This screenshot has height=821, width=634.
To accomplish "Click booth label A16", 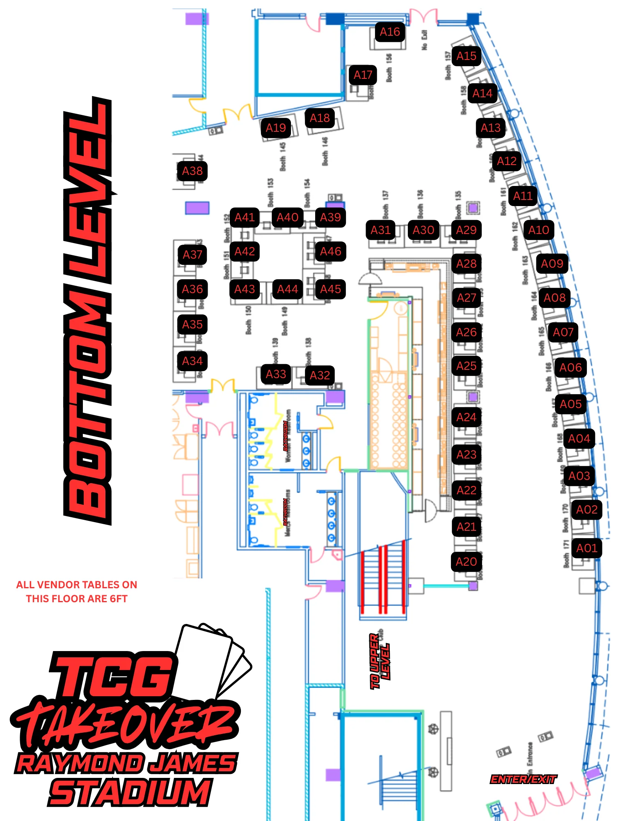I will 389,32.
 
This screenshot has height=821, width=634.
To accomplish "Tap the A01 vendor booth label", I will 586,548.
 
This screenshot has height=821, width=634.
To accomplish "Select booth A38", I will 192,171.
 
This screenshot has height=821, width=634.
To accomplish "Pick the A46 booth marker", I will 330,251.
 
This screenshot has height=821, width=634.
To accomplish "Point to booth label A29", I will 466,230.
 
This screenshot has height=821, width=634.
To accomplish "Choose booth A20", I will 466,562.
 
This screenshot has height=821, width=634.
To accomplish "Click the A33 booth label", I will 276,374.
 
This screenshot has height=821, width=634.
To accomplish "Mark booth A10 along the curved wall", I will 538,230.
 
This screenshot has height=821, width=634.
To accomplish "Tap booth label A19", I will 276,128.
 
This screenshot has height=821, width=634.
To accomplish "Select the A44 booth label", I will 287,289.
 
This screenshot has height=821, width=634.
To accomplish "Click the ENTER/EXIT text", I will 523,779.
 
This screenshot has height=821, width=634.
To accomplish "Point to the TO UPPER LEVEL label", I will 379,661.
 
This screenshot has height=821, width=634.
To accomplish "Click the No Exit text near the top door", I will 424,40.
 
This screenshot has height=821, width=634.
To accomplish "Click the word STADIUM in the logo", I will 129,792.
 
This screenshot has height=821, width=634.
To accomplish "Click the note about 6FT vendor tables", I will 77,592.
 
